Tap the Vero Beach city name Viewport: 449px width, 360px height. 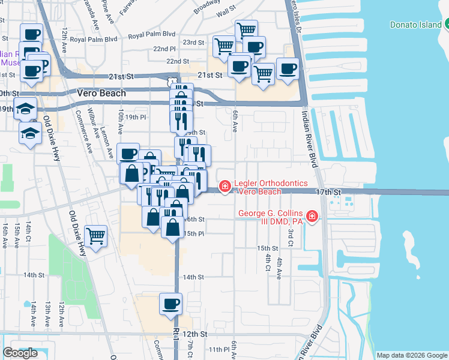click(x=101, y=93)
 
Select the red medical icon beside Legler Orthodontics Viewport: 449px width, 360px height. click(x=225, y=187)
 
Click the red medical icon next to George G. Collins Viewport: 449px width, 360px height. click(x=312, y=217)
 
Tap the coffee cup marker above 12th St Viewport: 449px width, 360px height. click(x=171, y=304)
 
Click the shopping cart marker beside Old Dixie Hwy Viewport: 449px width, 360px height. click(x=96, y=236)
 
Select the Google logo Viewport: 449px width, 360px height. click(x=20, y=353)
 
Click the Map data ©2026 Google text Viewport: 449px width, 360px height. click(x=411, y=355)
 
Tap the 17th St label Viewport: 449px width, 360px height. click(x=328, y=191)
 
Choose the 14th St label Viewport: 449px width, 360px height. click(x=193, y=277)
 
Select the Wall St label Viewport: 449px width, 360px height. click(x=226, y=11)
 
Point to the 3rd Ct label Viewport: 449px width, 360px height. click(x=291, y=237)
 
